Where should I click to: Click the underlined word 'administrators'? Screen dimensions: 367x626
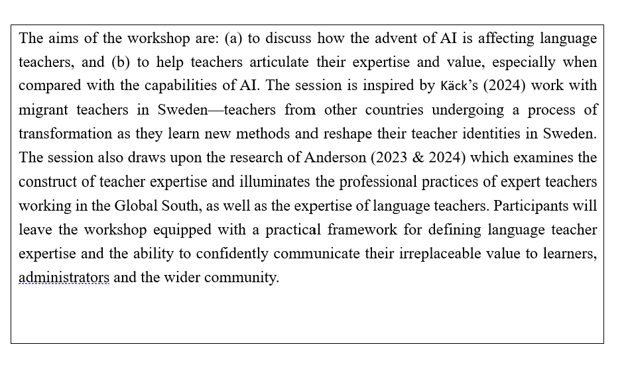click(x=64, y=278)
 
